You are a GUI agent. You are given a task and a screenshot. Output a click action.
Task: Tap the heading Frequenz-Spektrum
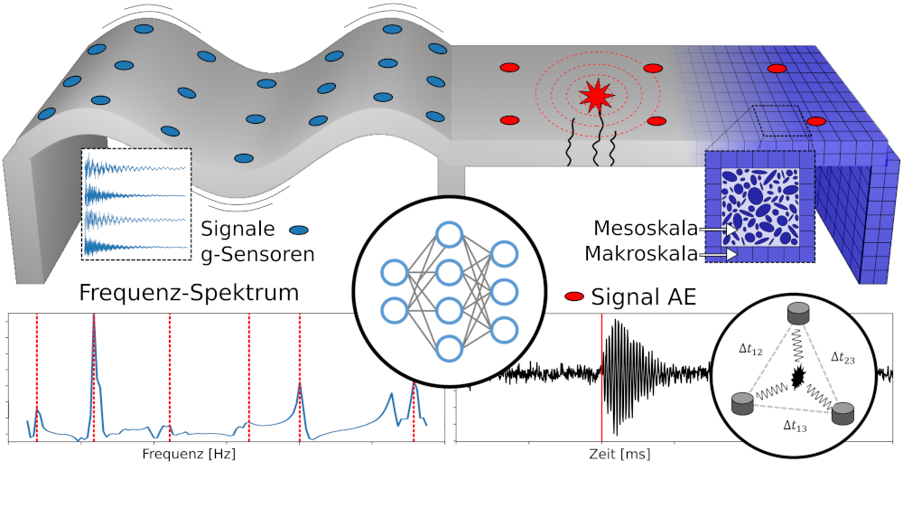[189, 293]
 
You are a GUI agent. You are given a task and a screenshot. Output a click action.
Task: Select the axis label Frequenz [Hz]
[190, 455]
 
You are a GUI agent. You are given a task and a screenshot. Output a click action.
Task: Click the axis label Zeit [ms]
[618, 455]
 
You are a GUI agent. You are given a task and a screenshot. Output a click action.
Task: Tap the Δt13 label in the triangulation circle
[796, 426]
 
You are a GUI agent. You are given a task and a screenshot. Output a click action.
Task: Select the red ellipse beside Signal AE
[573, 296]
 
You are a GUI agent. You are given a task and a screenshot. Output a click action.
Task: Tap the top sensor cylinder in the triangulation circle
[797, 314]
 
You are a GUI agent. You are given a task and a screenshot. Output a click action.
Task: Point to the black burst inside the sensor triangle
[797, 379]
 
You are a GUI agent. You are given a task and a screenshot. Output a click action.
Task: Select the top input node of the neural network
[394, 271]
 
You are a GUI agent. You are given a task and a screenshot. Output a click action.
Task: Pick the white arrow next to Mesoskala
[730, 230]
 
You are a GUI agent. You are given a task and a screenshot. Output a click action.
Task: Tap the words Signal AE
[644, 296]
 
